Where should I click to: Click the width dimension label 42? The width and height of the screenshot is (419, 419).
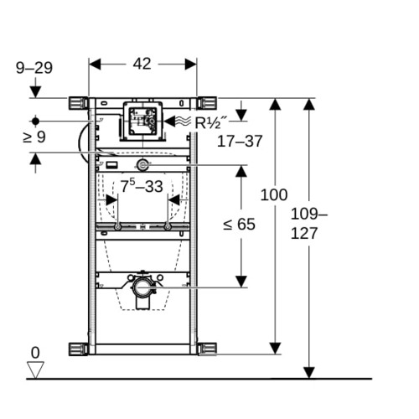tap(142, 64)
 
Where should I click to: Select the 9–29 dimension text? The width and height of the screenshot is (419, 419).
tap(34, 68)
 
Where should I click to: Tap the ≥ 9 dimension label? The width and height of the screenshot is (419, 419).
tap(34, 137)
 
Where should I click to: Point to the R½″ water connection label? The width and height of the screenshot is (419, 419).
tap(211, 122)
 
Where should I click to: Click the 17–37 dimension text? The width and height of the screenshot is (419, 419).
tap(240, 141)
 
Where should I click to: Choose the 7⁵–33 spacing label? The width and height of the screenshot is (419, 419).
tap(142, 186)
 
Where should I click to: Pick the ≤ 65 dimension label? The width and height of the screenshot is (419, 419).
tap(239, 224)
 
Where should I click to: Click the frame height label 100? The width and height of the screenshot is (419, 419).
tap(274, 194)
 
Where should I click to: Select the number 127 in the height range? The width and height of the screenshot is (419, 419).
tap(304, 233)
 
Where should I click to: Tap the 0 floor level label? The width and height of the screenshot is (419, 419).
tap(35, 353)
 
